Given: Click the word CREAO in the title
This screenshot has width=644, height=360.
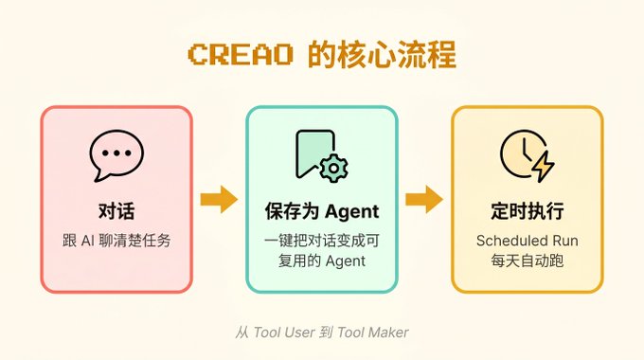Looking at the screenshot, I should point(239,54).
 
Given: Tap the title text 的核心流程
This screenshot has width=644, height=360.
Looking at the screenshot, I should point(382,54).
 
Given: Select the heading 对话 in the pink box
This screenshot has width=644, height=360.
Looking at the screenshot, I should point(116,210).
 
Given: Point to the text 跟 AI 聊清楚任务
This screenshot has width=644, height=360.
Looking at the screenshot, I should point(116,240).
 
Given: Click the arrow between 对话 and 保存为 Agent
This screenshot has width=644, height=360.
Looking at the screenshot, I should point(219,199).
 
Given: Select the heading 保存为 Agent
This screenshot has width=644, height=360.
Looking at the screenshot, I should point(322,210).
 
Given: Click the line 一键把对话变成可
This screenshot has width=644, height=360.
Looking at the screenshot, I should point(322,240).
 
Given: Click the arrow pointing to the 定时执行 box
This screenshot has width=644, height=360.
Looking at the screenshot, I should point(423,199).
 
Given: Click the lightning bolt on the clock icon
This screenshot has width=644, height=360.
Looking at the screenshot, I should point(543,167).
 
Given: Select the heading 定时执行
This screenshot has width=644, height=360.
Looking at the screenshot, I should point(528,210).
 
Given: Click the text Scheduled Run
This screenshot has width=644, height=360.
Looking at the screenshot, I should point(528,240).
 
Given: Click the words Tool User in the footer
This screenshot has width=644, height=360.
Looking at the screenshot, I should point(284,333).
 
